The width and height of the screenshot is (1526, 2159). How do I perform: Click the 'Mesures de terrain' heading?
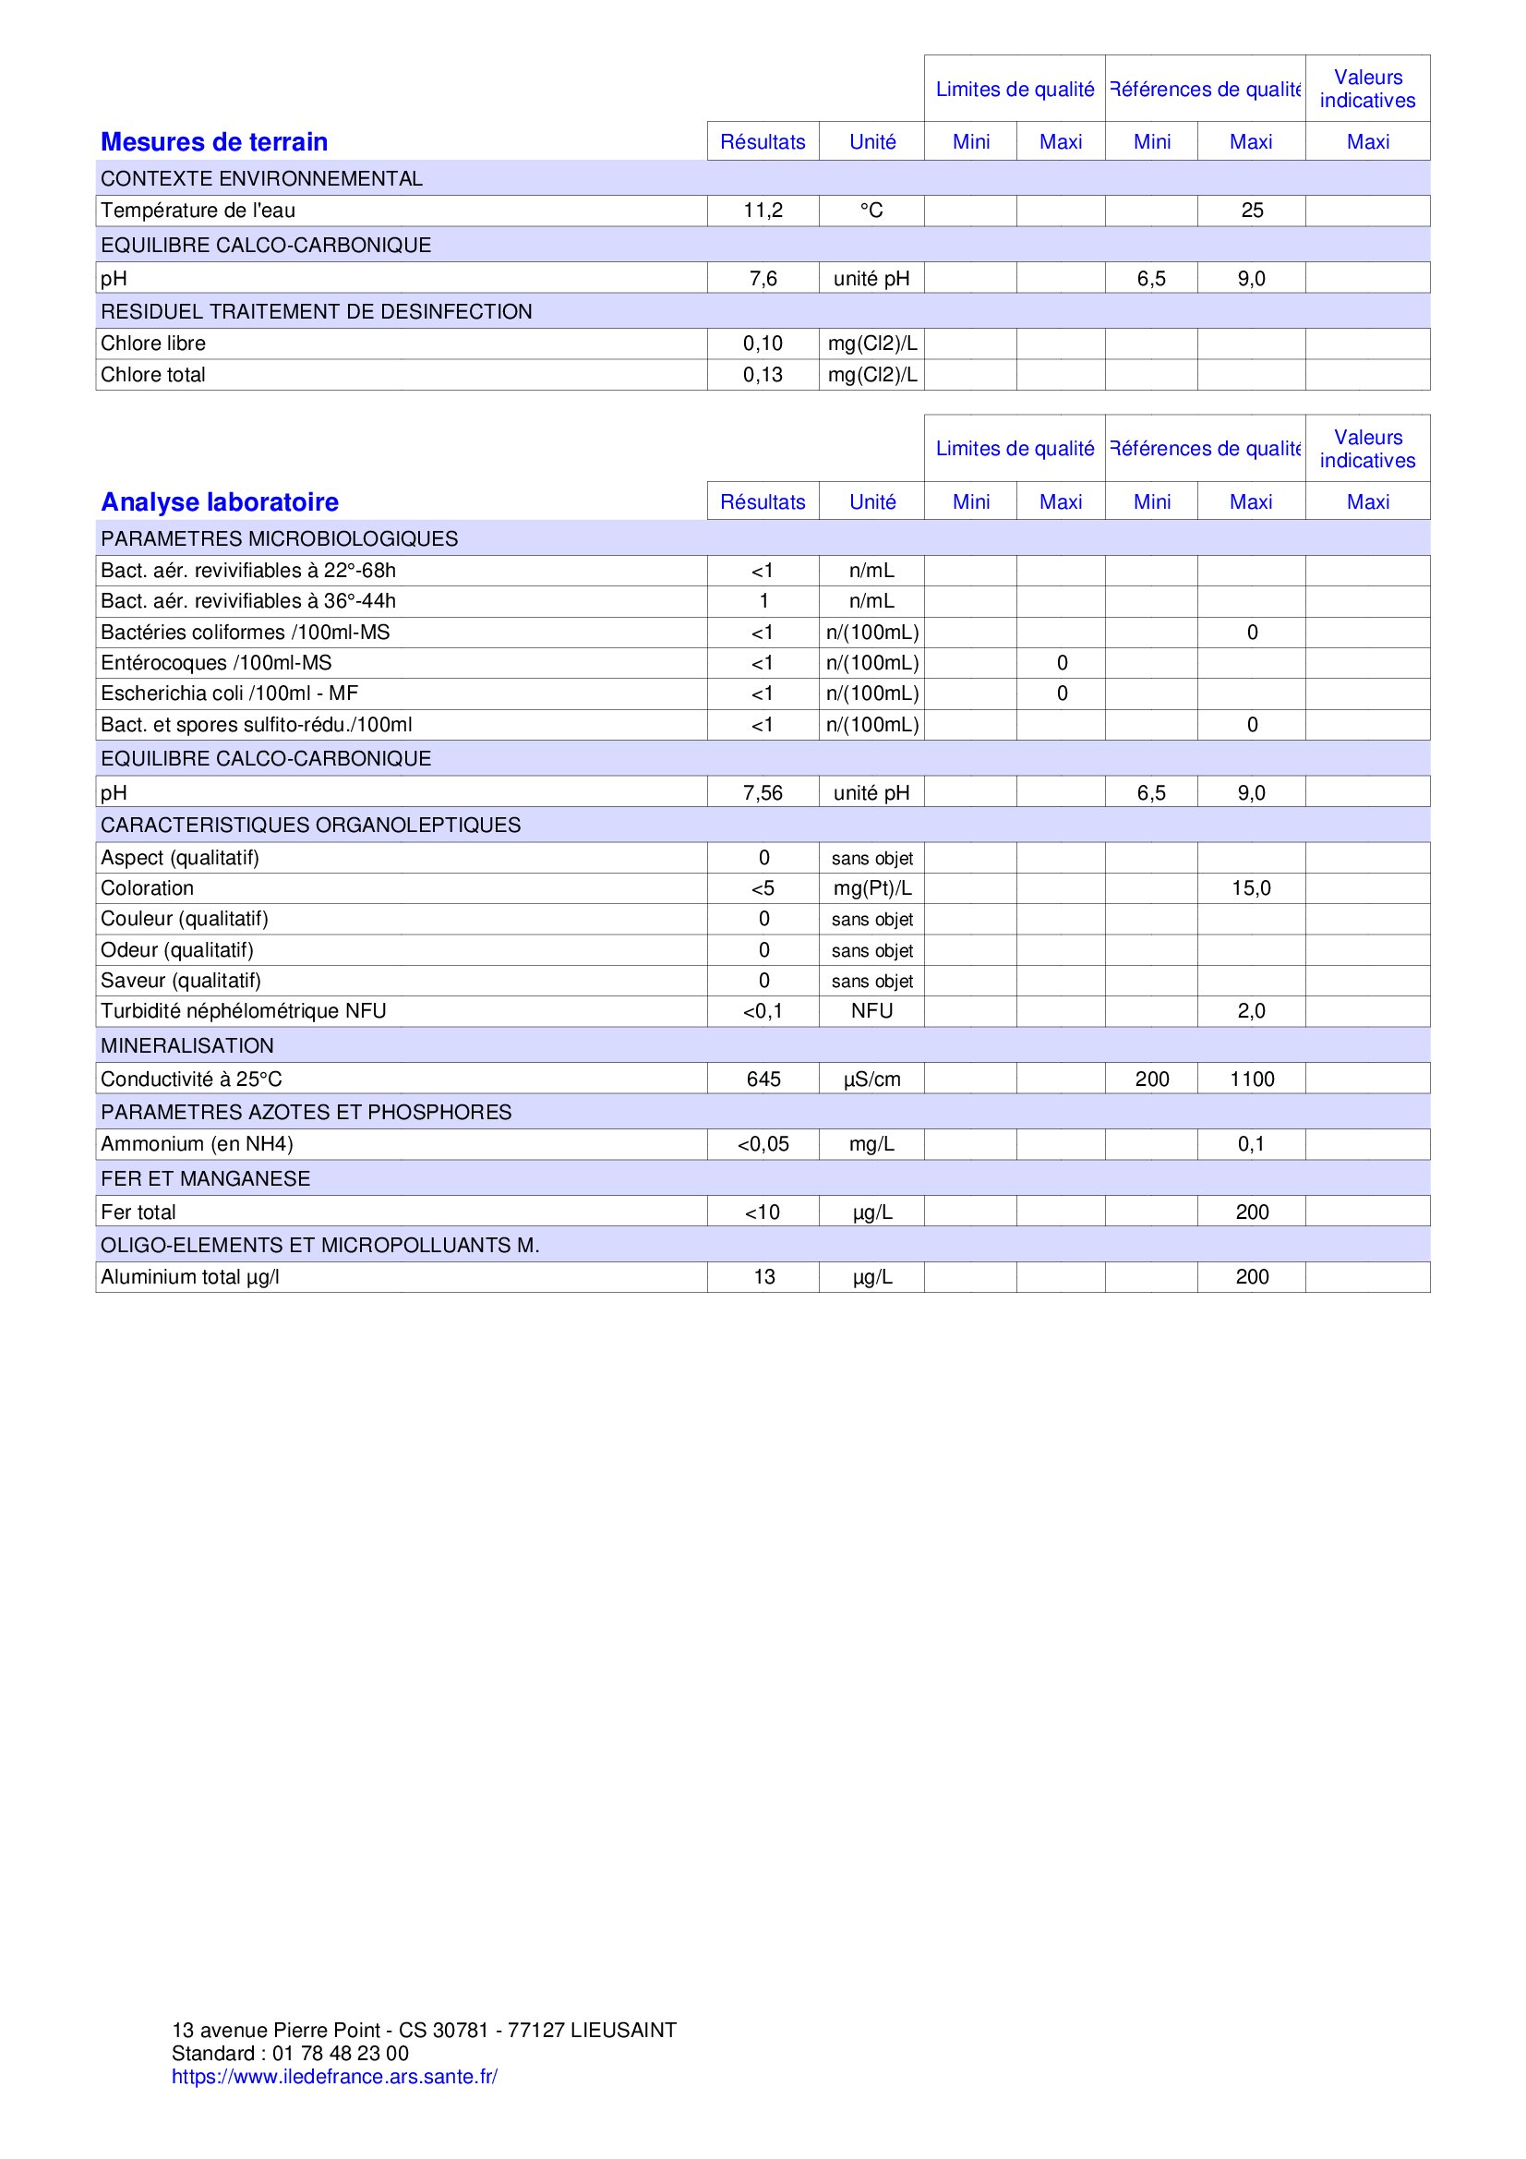(213, 142)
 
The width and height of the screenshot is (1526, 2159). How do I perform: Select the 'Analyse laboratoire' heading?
(219, 502)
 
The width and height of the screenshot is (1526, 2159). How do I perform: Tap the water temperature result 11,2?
(763, 211)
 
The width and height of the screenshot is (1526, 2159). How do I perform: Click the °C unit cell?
(871, 211)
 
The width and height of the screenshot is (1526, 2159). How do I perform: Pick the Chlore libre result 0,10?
(763, 344)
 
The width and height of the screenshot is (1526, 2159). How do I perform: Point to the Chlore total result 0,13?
(763, 374)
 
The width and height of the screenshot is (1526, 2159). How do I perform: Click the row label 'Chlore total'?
(152, 374)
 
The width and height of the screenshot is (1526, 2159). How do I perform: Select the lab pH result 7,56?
(763, 792)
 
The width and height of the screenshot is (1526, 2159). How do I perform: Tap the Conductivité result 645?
(763, 1079)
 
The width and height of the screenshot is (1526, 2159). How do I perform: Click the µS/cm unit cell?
(871, 1079)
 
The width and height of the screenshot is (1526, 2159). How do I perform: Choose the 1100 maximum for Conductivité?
(1252, 1079)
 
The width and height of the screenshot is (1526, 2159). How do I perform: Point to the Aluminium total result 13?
(763, 1276)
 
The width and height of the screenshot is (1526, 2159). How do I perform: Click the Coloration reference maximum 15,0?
(1252, 887)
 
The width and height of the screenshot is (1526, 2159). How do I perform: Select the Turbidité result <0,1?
(763, 1011)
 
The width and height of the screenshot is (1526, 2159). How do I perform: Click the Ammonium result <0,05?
(763, 1143)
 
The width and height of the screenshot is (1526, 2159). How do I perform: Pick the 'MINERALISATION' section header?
(187, 1045)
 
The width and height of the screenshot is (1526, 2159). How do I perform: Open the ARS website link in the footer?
(334, 2076)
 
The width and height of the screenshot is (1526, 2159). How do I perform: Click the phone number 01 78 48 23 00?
(341, 2053)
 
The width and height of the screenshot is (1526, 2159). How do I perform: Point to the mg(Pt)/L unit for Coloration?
(871, 887)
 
